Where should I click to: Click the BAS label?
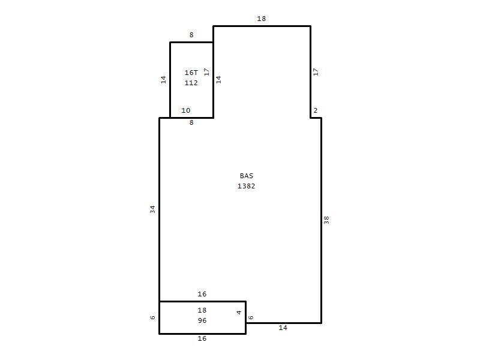[247, 176]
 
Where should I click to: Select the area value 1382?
[247, 186]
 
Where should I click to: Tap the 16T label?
[191, 73]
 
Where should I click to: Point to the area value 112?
[191, 83]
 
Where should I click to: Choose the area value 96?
[202, 320]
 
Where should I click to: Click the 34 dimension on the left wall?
[152, 209]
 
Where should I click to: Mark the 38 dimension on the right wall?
[326, 220]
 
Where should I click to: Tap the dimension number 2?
[316, 110]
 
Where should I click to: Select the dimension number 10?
[186, 110]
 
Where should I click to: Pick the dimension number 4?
[239, 313]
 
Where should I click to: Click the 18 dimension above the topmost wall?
[261, 19]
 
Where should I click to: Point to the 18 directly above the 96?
[202, 310]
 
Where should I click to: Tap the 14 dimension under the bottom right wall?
[283, 328]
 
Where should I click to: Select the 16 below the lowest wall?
[202, 338]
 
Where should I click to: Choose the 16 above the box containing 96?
[202, 294]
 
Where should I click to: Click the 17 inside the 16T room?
[206, 72]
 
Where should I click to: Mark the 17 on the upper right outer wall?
[316, 72]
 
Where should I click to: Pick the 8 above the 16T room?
[191, 35]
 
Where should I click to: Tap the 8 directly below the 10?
[191, 122]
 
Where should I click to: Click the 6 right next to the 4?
[251, 317]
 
